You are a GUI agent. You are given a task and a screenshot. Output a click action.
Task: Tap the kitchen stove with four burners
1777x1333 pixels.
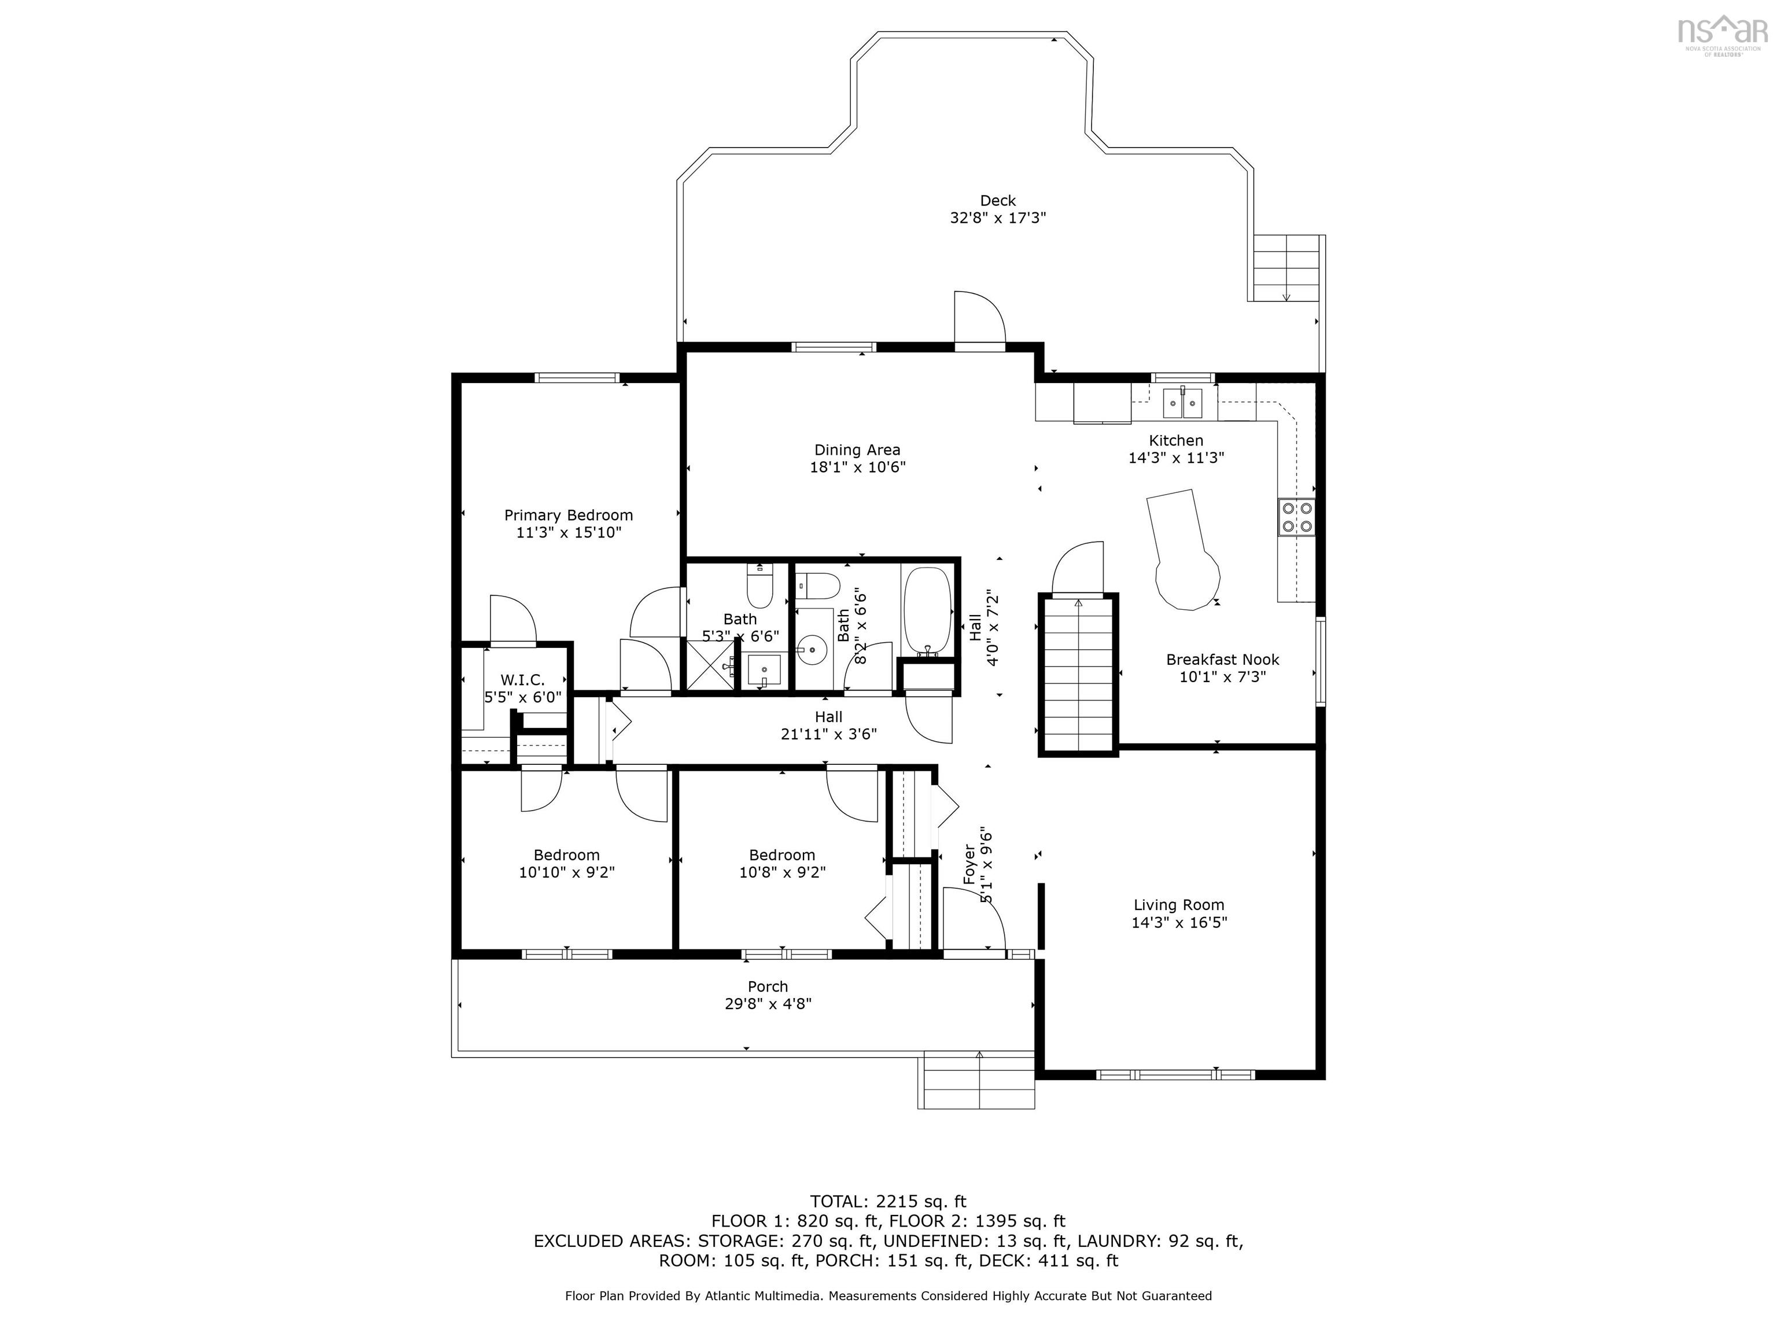[x=1297, y=517]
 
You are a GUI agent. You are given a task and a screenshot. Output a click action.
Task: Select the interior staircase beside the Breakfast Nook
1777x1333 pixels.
[x=1078, y=674]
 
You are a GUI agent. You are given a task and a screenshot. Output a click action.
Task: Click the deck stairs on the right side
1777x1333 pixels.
[x=1285, y=267]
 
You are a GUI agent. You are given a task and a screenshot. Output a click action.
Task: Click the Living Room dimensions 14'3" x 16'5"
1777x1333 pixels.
[x=1179, y=922]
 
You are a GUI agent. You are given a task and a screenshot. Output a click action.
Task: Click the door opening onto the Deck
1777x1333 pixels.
[x=979, y=321]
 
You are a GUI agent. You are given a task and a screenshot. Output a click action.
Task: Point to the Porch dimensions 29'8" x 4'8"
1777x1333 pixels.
[x=768, y=1004]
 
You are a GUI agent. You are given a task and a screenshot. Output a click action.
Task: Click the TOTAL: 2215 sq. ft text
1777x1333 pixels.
[x=888, y=1201]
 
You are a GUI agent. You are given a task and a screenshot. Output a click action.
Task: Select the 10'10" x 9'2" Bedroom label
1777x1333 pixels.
[x=566, y=864]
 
